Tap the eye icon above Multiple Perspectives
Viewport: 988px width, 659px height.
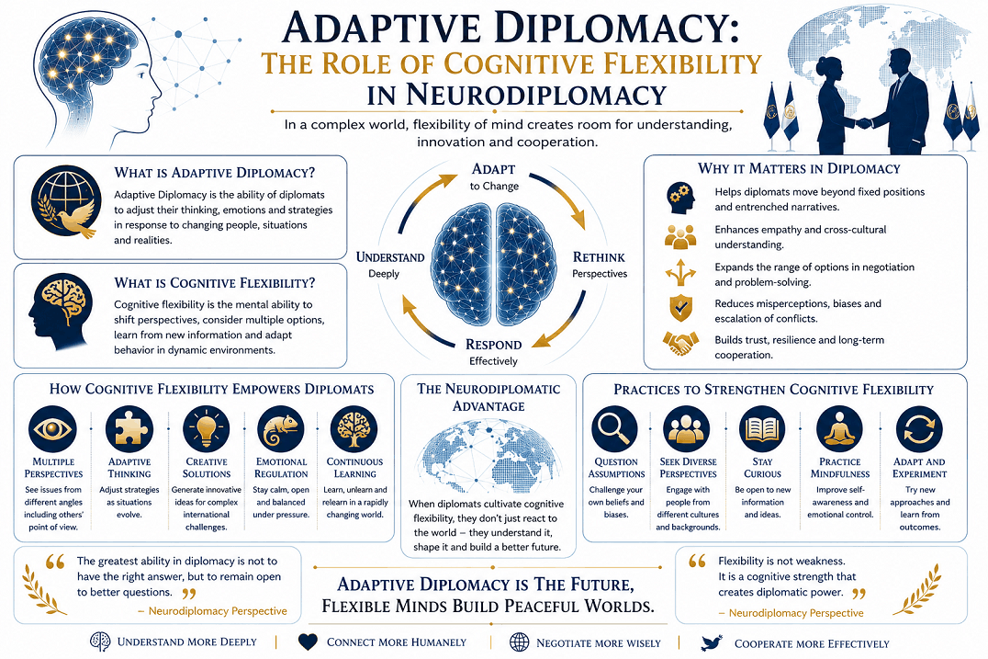coord(53,429)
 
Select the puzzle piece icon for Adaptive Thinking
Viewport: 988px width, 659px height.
coord(129,429)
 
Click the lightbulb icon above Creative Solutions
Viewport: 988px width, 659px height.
coord(206,429)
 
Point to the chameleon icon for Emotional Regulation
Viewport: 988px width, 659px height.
coord(281,429)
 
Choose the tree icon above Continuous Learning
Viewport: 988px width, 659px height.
coord(354,429)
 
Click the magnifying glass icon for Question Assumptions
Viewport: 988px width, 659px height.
coord(615,429)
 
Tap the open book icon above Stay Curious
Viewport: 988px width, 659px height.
coord(762,429)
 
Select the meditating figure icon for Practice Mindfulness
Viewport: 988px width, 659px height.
coord(840,429)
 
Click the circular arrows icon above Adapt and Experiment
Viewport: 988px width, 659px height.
coord(919,429)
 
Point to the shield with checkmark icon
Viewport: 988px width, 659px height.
coord(680,309)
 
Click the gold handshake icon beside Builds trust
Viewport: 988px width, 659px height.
coord(680,344)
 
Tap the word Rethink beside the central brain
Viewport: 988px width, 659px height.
coord(599,257)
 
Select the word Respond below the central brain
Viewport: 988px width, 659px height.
coord(493,345)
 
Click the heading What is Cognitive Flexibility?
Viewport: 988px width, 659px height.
coord(215,283)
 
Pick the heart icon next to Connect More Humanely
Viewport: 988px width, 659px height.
coord(308,642)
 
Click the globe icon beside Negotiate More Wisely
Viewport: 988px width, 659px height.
coord(519,642)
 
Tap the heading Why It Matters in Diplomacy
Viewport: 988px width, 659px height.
coord(799,169)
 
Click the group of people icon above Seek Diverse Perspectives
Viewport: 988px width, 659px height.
coord(687,429)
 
